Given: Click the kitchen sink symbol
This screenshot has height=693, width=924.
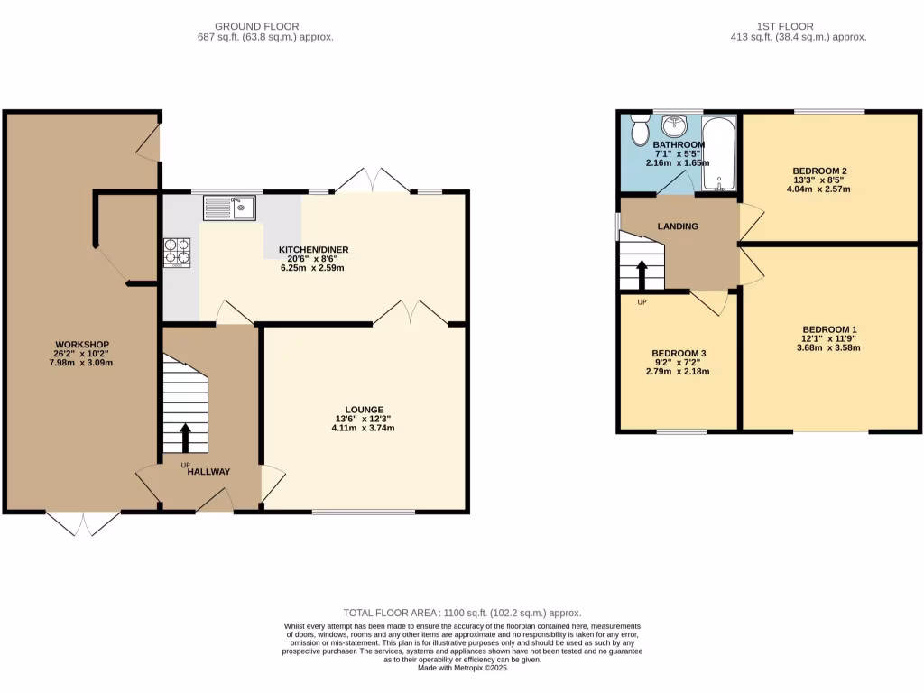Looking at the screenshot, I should click(x=230, y=208).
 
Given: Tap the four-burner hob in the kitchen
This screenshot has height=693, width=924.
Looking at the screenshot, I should click(x=177, y=252).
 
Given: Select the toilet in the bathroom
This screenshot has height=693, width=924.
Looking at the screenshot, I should click(x=641, y=130).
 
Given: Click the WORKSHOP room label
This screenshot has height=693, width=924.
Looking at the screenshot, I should click(x=82, y=345).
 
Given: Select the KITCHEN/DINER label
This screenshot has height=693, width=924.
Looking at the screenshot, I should click(x=313, y=250).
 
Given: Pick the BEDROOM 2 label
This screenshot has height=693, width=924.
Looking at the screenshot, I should click(x=819, y=171).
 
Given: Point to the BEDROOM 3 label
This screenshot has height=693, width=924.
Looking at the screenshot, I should click(x=679, y=353).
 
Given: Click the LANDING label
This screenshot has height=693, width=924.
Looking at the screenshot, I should click(x=678, y=226).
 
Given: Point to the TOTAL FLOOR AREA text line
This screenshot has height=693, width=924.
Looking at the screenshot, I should click(x=462, y=613).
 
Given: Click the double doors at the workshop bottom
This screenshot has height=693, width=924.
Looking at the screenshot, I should click(x=82, y=522).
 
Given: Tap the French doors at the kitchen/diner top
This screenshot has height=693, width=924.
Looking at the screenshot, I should click(x=373, y=180).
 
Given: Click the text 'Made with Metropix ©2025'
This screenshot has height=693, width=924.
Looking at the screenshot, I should click(x=462, y=668).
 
